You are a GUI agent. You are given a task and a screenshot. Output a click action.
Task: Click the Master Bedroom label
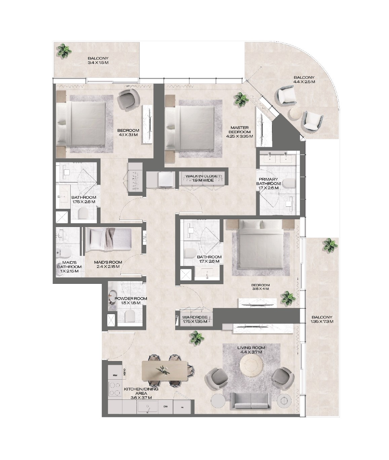[x=239, y=130]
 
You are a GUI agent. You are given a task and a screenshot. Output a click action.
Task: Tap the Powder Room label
[x=131, y=299]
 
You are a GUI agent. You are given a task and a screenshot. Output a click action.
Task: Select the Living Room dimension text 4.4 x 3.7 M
[x=251, y=352]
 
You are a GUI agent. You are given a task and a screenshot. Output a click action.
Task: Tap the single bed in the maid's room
[x=109, y=239]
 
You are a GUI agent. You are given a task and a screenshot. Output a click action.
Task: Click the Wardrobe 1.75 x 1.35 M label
[x=195, y=319]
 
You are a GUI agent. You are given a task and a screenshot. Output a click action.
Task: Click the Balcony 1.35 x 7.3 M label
[x=322, y=319]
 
